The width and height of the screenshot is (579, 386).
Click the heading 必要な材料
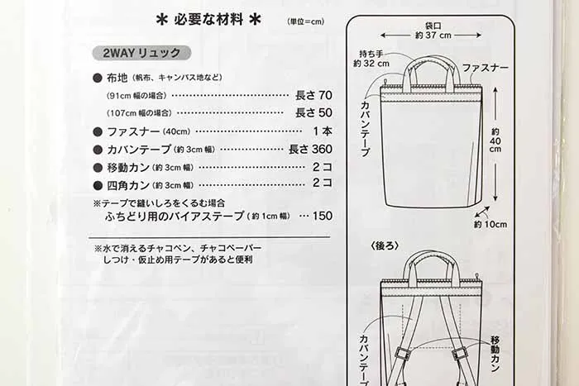(208, 19)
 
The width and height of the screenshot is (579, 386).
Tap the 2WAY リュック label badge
(141, 53)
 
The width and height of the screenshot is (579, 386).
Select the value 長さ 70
(313, 95)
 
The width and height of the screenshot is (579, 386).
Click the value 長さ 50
(313, 112)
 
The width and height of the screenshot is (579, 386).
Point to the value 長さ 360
(310, 149)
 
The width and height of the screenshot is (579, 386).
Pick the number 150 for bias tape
(323, 216)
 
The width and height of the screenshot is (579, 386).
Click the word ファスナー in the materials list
(133, 131)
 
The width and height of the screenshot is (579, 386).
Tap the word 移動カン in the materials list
(128, 168)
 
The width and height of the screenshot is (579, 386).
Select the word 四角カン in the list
(128, 185)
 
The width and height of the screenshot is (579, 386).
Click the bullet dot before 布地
(98, 78)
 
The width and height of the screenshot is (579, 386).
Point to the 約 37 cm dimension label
(433, 36)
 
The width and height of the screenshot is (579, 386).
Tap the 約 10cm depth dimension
(490, 224)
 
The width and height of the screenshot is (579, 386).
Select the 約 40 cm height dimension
(495, 141)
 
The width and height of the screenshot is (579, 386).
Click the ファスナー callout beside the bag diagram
(486, 68)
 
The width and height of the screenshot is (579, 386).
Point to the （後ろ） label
(385, 246)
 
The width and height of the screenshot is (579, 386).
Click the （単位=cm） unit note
(306, 21)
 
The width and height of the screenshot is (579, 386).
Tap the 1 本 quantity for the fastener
(323, 131)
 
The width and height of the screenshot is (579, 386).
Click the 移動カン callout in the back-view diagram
(495, 353)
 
